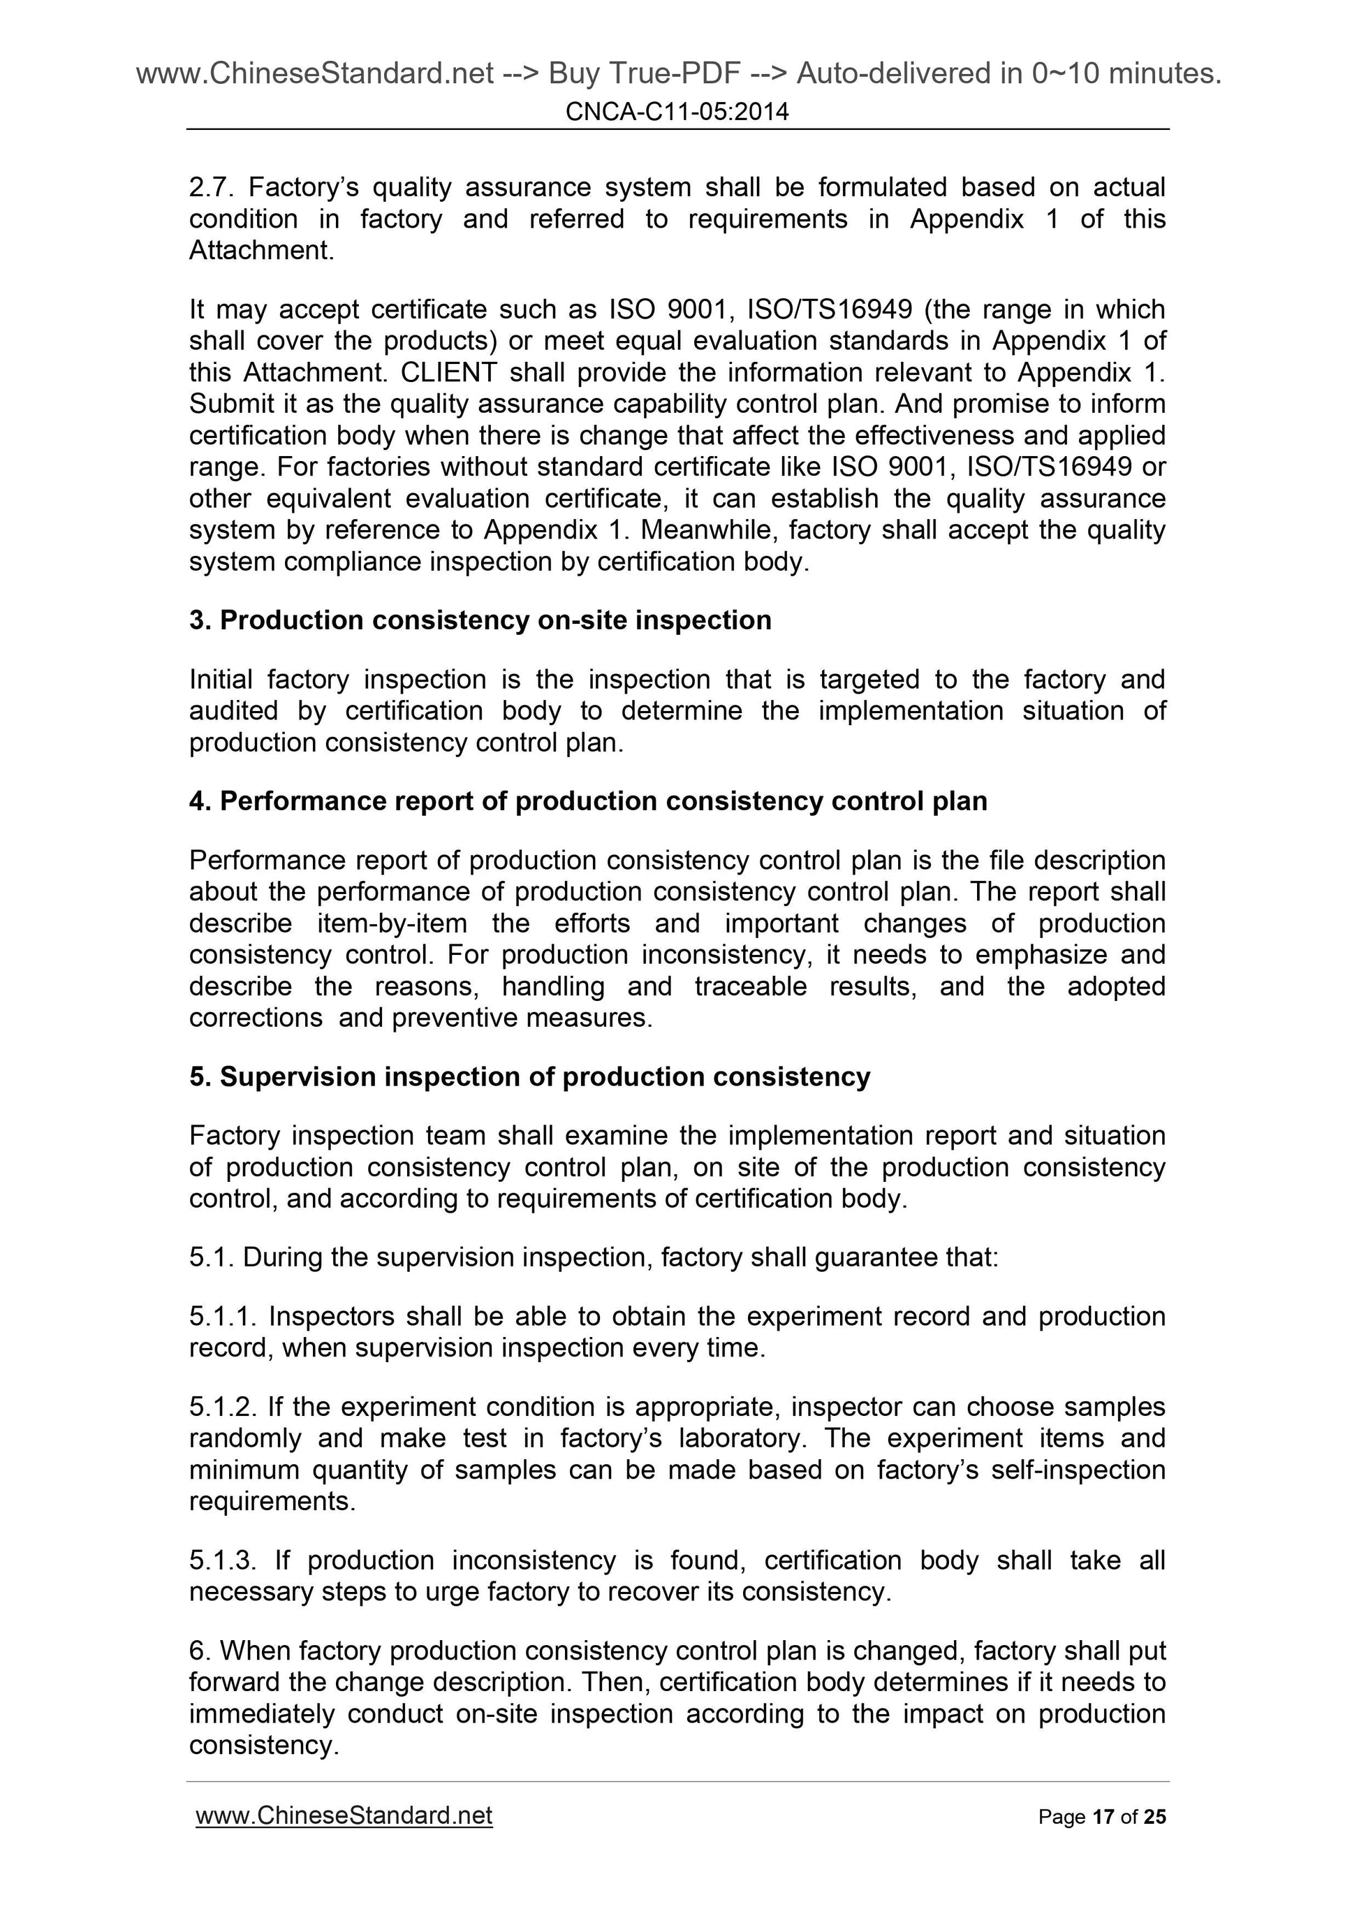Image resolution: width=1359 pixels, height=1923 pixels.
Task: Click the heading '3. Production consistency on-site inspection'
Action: (480, 620)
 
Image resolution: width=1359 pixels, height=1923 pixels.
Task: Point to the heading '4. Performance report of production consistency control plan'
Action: (588, 801)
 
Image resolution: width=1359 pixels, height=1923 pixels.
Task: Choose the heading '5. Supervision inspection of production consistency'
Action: (529, 1077)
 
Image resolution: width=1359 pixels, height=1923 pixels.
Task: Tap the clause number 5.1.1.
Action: (222, 1317)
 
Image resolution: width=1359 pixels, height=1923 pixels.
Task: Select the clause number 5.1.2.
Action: (222, 1407)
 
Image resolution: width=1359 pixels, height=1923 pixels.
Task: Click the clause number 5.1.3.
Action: (223, 1560)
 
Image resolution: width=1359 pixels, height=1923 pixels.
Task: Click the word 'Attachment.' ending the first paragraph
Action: (261, 251)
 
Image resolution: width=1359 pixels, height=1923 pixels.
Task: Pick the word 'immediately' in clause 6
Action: (261, 1714)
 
